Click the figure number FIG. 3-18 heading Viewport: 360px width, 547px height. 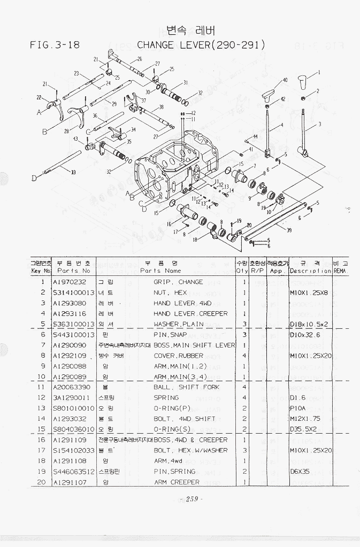55,45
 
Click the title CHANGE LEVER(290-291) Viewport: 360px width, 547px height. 201,45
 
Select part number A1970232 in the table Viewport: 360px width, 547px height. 69,282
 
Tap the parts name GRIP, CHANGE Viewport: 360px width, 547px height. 178,282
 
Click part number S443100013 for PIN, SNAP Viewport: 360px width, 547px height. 73,335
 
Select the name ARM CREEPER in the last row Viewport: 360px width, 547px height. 177,482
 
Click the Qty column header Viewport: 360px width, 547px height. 242,271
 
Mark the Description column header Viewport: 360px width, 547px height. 310,271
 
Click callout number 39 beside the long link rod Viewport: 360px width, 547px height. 289,230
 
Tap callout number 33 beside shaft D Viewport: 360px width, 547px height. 73,172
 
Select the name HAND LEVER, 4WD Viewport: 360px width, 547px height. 182,303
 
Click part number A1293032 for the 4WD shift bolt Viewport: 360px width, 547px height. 70,419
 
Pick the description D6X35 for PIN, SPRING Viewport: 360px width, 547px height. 300,472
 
